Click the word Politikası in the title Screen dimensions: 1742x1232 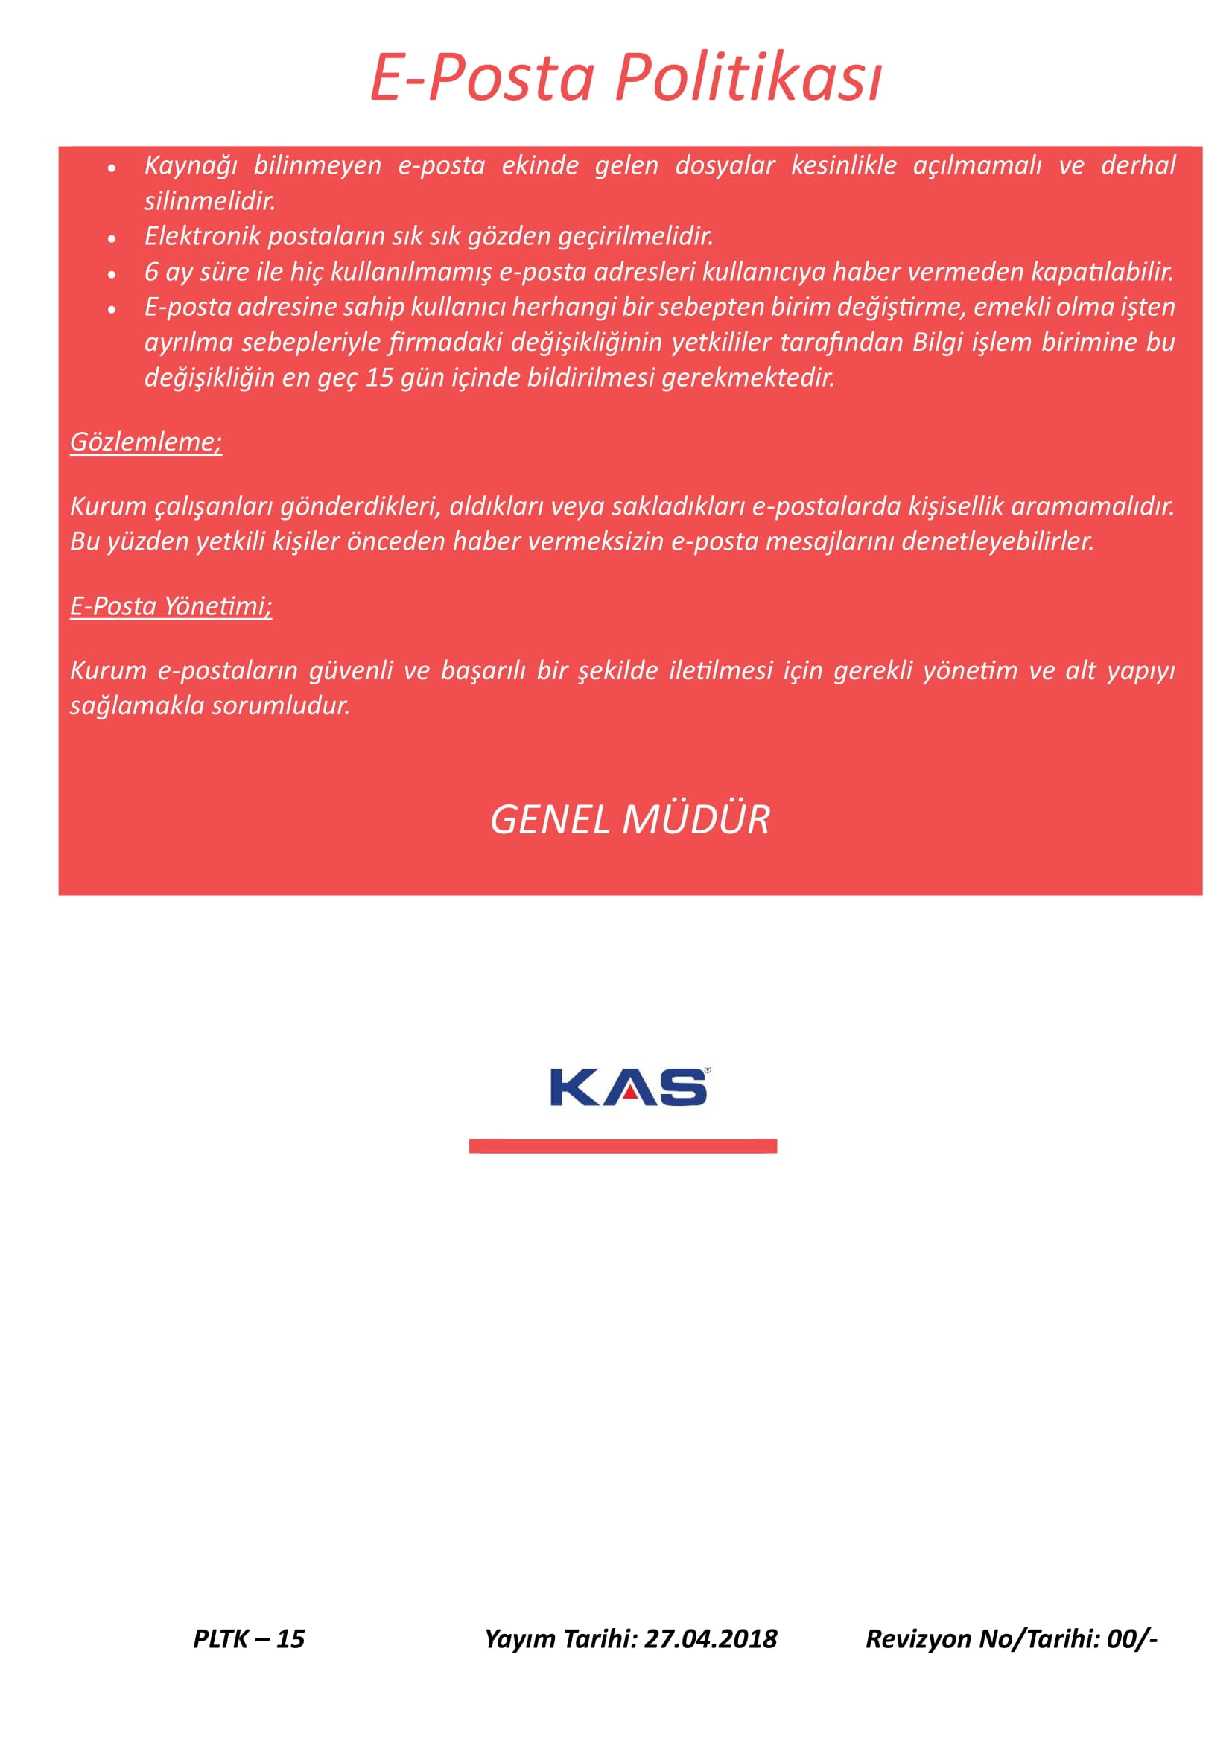[x=748, y=78]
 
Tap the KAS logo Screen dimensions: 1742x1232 [x=629, y=1087]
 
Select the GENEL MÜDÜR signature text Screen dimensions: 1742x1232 [x=629, y=819]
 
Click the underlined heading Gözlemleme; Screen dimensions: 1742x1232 [x=146, y=442]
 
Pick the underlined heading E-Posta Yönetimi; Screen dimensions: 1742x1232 [x=171, y=605]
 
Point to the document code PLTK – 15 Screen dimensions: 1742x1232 [x=249, y=1638]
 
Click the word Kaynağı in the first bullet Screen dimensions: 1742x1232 [x=191, y=165]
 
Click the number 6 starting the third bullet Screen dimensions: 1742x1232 [x=151, y=272]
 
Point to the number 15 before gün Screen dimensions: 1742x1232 [x=379, y=377]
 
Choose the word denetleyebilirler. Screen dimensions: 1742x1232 [x=997, y=541]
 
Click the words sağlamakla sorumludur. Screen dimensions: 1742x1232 [x=210, y=705]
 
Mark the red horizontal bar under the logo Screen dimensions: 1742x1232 [x=623, y=1145]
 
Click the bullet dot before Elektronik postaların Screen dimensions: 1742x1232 [x=112, y=238]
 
